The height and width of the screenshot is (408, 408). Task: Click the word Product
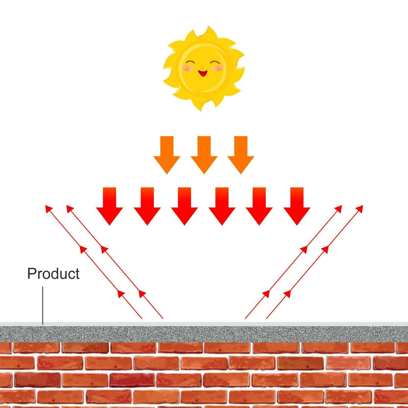(x=53, y=274)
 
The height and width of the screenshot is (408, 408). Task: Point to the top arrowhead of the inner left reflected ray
(x=69, y=207)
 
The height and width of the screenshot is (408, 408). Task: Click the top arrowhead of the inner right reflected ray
(x=339, y=208)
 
